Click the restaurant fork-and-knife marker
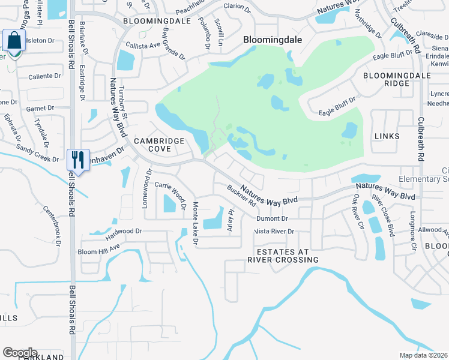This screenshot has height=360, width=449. coord(78,160)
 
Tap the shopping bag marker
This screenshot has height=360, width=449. coord(13,41)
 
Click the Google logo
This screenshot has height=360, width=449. coord(20,353)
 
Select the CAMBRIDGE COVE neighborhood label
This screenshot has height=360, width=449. coord(159,145)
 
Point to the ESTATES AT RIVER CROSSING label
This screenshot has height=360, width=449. coord(283,256)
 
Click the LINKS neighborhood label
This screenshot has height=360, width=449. coord(387,136)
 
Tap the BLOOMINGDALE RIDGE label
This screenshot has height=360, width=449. coord(387,80)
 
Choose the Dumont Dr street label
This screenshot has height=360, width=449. coord(272,219)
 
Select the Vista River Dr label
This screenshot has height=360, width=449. coord(274,231)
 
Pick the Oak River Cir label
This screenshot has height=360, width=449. coord(358,211)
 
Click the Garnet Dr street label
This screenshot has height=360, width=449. coord(40,109)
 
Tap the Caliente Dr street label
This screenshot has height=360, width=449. coord(45,76)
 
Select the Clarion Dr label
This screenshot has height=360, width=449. coord(237,8)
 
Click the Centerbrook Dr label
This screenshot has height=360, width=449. coord(52,226)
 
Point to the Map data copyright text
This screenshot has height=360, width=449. coord(424,355)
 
